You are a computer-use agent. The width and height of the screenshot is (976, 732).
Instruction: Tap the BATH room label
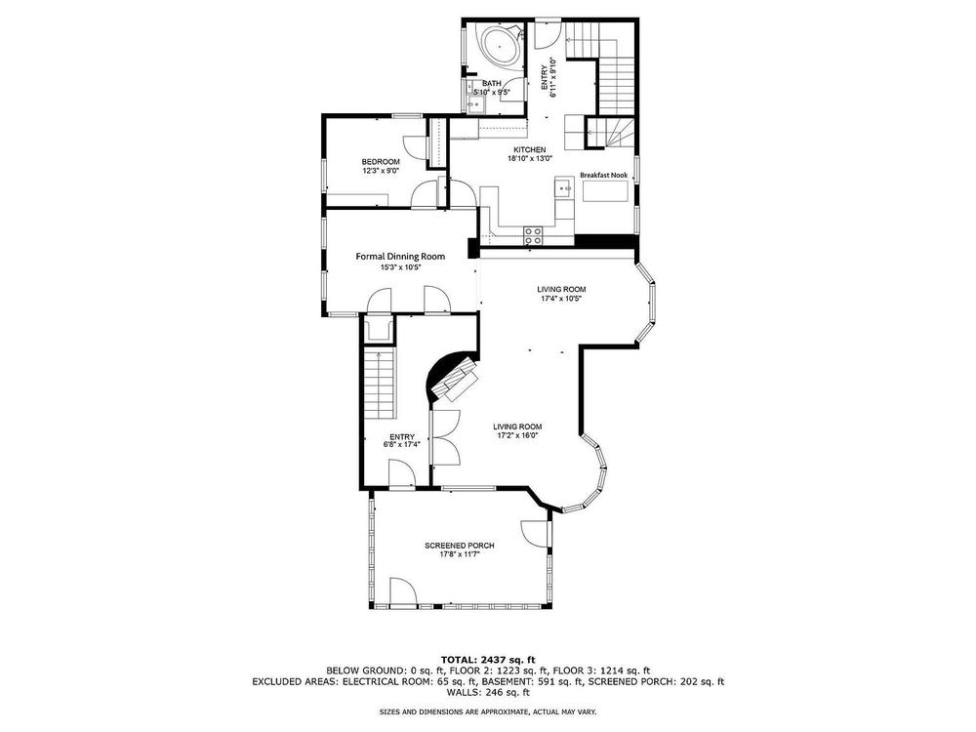492,83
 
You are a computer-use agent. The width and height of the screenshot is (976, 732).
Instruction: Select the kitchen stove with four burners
533,234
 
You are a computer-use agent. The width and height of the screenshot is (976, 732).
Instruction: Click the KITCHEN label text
530,150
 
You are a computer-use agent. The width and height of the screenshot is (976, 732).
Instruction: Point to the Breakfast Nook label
604,176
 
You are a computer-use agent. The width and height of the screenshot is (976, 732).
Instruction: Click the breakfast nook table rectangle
606,194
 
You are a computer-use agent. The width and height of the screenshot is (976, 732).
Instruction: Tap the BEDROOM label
381,162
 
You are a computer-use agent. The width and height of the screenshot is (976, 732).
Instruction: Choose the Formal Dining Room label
400,257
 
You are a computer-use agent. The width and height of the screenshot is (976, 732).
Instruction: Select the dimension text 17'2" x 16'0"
517,435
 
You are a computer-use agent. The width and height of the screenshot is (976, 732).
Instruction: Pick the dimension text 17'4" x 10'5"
561,298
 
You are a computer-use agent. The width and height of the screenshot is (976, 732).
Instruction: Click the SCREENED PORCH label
460,546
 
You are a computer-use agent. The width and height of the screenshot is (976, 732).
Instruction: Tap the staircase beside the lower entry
380,384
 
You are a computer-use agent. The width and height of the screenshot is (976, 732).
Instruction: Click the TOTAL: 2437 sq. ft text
488,660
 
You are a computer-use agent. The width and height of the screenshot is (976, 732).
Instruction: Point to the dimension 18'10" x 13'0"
530,159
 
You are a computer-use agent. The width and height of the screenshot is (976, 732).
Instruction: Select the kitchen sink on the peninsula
565,187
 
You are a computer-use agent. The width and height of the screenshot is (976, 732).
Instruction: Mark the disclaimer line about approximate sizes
488,711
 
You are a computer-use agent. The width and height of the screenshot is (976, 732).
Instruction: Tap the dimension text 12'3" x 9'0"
381,171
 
